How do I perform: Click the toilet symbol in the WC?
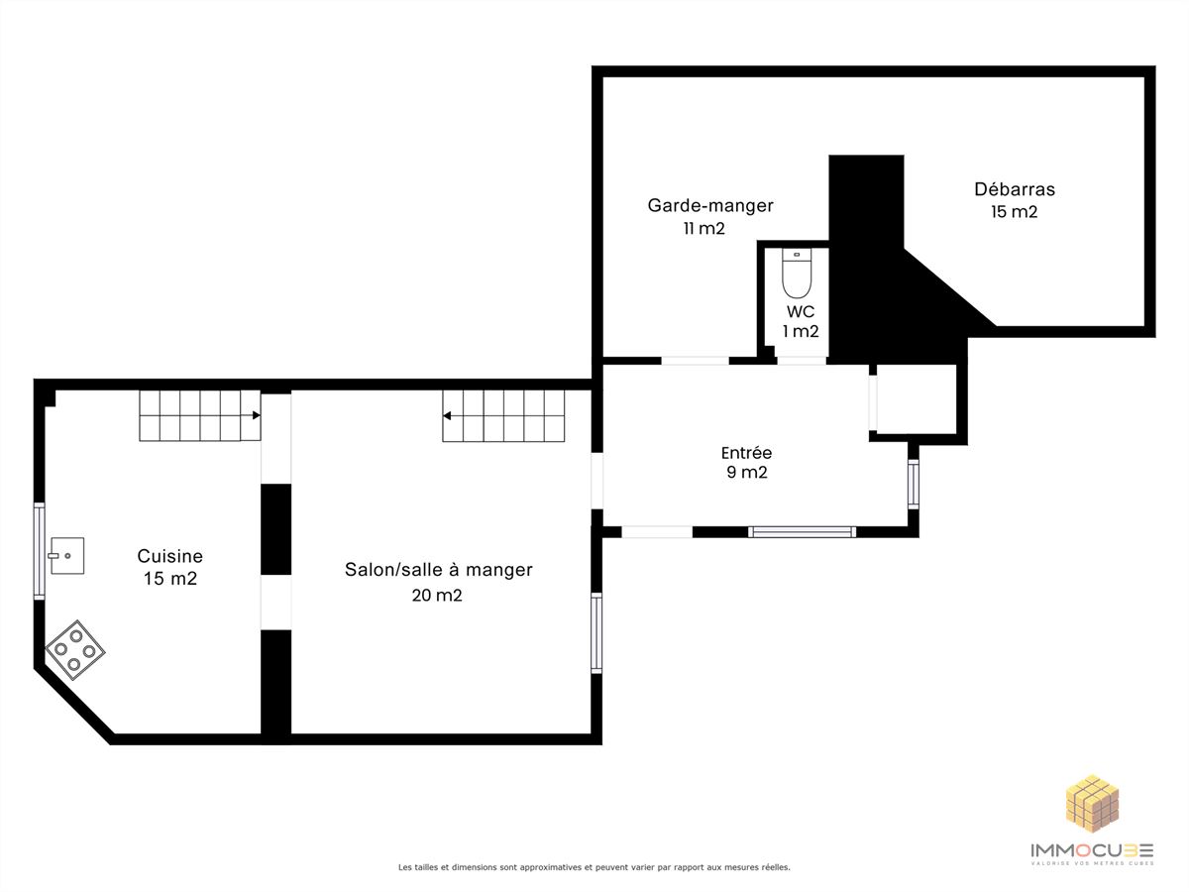tap(797, 273)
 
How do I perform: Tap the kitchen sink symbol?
tap(66, 555)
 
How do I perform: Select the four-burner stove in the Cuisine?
tap(74, 649)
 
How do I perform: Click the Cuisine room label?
tap(170, 556)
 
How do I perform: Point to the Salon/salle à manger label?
tap(439, 570)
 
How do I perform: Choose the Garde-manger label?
tap(710, 206)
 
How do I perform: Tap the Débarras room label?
tap(1015, 189)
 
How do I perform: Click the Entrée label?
tap(746, 452)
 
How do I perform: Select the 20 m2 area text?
tap(437, 596)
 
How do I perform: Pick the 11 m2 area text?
tap(703, 229)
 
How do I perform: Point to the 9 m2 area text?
tap(747, 473)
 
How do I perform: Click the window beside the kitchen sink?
tap(39, 551)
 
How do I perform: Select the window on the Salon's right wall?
tap(595, 633)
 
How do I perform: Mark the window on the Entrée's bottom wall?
tap(802, 532)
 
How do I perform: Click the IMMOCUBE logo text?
tap(1092, 849)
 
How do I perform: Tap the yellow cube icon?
tap(1092, 803)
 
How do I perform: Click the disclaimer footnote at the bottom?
tap(594, 867)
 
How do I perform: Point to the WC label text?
tap(801, 311)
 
